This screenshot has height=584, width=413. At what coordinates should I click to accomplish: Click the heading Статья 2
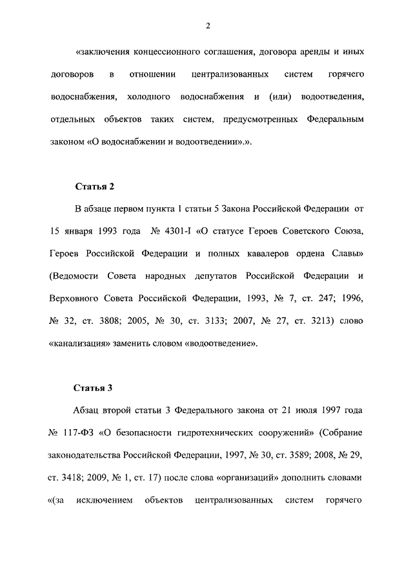tap(94, 187)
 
